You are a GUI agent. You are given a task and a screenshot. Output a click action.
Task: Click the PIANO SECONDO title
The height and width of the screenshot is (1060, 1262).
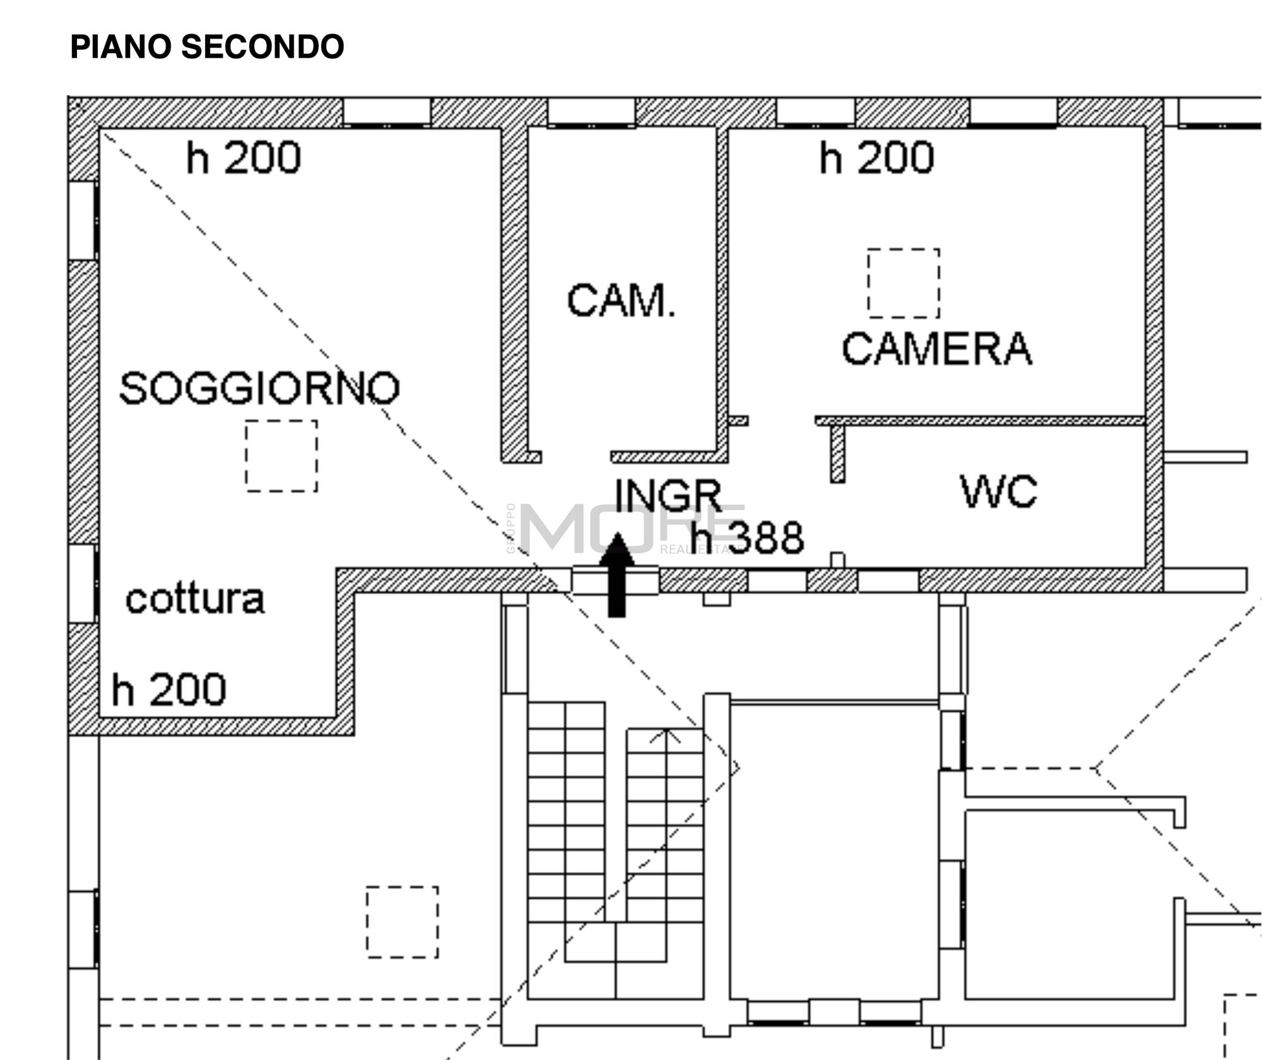(x=207, y=47)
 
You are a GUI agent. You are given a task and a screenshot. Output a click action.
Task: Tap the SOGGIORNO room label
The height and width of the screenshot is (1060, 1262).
(x=259, y=387)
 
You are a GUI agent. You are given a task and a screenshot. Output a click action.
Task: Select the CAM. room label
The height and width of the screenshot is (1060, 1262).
(x=621, y=300)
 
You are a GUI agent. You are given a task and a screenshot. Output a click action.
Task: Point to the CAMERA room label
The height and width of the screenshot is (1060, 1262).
(x=936, y=349)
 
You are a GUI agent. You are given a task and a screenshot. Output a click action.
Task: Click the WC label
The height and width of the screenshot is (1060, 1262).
(x=998, y=491)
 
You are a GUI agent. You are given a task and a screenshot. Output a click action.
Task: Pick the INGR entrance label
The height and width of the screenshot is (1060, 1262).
(x=668, y=495)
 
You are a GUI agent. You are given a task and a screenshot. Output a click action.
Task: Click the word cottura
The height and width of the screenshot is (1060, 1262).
(x=195, y=599)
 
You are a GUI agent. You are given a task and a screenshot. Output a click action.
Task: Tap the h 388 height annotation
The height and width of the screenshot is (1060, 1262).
(x=747, y=538)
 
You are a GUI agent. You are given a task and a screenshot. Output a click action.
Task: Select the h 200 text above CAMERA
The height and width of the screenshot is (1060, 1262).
(x=876, y=158)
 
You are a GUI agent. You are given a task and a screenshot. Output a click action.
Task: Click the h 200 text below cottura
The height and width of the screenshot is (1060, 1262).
(x=168, y=690)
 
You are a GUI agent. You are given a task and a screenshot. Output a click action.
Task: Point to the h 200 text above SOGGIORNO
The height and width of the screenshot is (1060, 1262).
(x=243, y=158)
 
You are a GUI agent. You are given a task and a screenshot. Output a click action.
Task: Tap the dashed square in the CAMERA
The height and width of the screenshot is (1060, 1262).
(x=903, y=283)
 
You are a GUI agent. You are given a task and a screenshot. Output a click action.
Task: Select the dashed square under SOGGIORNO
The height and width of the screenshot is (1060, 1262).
(x=281, y=456)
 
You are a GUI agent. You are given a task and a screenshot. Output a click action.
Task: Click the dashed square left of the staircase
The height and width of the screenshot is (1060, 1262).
(x=402, y=922)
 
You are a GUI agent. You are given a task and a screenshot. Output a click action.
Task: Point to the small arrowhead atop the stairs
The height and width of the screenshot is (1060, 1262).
(x=666, y=736)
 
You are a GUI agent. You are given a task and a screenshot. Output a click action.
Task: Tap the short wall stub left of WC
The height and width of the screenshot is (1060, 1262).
(x=837, y=454)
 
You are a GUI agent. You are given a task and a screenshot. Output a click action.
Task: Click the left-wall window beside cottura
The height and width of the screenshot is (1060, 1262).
(x=83, y=583)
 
